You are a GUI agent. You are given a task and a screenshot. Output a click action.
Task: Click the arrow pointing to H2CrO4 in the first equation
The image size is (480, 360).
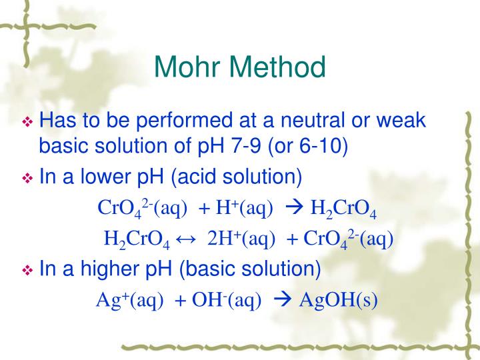tap(293, 208)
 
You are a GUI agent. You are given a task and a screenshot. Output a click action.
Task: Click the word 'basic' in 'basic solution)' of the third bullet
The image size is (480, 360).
tap(217, 270)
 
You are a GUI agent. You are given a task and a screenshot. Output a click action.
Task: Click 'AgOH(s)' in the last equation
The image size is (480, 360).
tap(338, 300)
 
